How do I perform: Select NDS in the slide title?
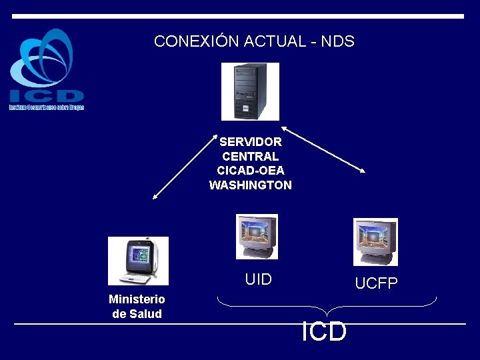click(x=337, y=41)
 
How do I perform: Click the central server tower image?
click(x=250, y=91)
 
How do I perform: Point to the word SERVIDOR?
click(x=251, y=142)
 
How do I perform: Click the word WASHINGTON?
click(x=251, y=185)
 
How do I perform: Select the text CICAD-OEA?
click(x=251, y=171)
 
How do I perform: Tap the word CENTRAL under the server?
click(x=251, y=157)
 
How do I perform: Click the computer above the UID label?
click(x=257, y=236)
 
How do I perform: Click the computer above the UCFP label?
click(x=375, y=241)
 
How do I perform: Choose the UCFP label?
click(x=376, y=284)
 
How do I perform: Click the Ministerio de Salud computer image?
click(x=138, y=261)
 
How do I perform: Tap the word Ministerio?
click(x=137, y=299)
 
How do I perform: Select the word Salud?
click(x=146, y=314)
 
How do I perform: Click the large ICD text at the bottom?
click(x=324, y=331)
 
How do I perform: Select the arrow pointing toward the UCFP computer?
click(x=323, y=149)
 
